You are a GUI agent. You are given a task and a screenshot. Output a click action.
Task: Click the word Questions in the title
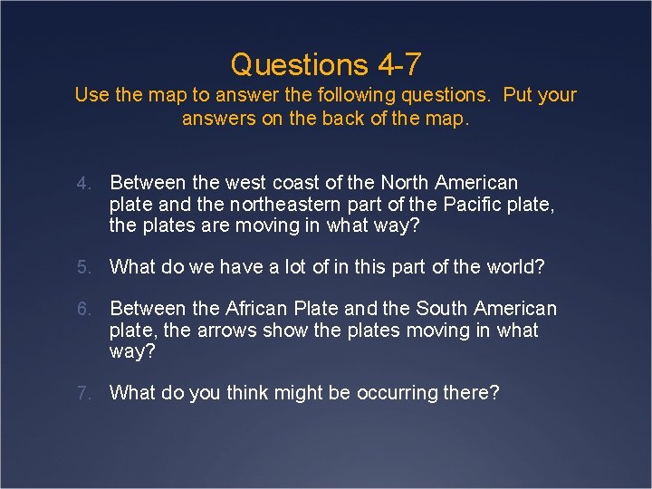(299, 64)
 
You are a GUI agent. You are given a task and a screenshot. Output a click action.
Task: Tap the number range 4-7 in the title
(398, 64)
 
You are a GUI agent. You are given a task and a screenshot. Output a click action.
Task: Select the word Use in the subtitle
(91, 95)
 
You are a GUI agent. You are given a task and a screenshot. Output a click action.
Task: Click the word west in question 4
(269, 183)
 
